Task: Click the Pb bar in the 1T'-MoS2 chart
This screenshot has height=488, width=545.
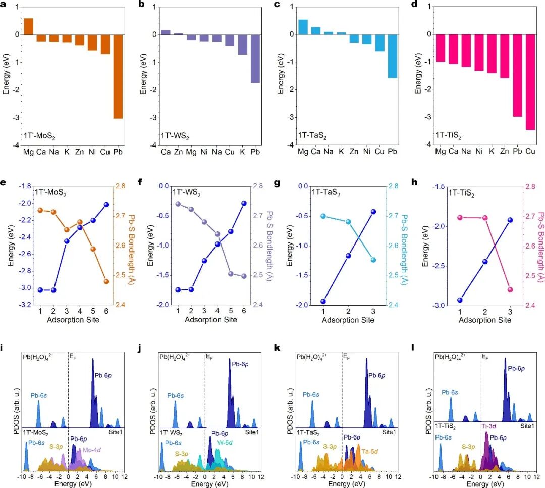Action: pyautogui.click(x=118, y=76)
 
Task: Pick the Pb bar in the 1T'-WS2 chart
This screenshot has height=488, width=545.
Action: pyautogui.click(x=255, y=59)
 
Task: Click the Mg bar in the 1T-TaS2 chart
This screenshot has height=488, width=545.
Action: pyautogui.click(x=303, y=27)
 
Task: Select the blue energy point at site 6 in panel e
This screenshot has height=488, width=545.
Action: pyautogui.click(x=120, y=204)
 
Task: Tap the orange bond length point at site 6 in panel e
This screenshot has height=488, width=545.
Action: pyautogui.click(x=120, y=281)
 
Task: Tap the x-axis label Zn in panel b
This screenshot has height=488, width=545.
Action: pyautogui.click(x=178, y=152)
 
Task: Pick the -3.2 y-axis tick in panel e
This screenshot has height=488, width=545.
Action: pyautogui.click(x=23, y=305)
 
